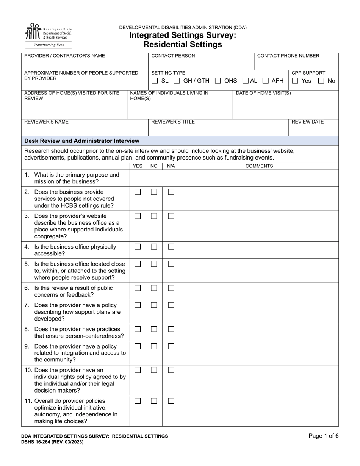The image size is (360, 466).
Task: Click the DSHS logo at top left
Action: point(48,35)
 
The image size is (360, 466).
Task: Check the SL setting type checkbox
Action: point(155,81)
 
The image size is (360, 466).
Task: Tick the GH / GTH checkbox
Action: point(177,81)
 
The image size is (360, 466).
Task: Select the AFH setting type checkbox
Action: point(266,81)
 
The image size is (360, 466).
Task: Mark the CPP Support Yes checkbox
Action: point(296,81)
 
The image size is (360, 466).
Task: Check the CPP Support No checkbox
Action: point(321,81)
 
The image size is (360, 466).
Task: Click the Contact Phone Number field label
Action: point(288,56)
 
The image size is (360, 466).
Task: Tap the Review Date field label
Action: point(307,122)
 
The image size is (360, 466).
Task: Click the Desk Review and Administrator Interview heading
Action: point(82,141)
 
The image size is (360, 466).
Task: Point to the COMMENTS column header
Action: point(259,166)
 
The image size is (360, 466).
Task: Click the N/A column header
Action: point(171,166)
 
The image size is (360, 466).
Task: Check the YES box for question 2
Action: point(138,192)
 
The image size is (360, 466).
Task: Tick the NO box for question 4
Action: point(154,247)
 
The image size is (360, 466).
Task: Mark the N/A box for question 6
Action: point(171,288)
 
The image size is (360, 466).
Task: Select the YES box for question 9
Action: point(138,346)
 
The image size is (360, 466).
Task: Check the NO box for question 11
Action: point(154,401)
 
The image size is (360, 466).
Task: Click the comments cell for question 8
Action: point(259,333)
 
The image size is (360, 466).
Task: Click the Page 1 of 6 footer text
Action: point(323,436)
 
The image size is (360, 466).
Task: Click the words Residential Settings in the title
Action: point(183,44)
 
